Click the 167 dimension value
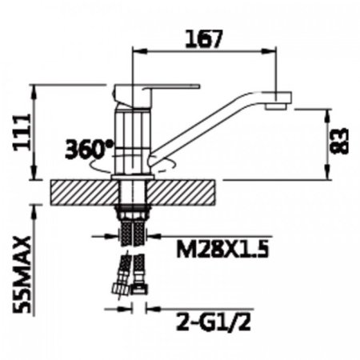pos(204,39)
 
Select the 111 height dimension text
pos(22,133)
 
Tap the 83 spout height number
pos(339,141)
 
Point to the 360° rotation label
pos(90,149)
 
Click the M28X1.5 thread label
pos(222,250)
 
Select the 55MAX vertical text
pos(22,275)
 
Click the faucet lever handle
pos(170,88)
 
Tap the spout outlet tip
pos(276,107)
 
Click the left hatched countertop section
pos(85,193)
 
